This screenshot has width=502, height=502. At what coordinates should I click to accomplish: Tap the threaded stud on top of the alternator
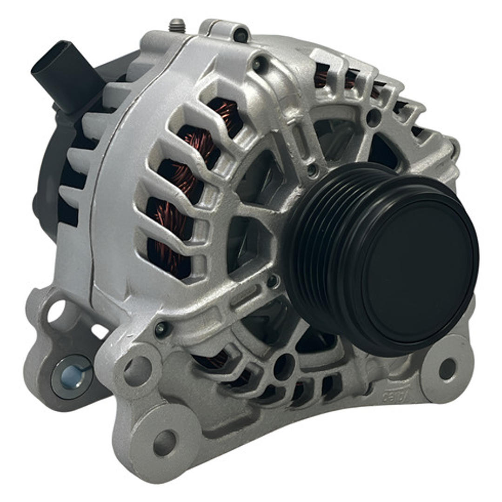coord(177,25)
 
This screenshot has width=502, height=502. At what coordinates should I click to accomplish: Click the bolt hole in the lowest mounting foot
coord(165,442)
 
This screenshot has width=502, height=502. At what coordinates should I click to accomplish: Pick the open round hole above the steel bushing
coord(56,312)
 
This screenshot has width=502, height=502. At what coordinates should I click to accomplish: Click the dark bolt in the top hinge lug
coord(241,33)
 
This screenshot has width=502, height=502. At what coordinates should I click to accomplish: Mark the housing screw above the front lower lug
coord(161,329)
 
